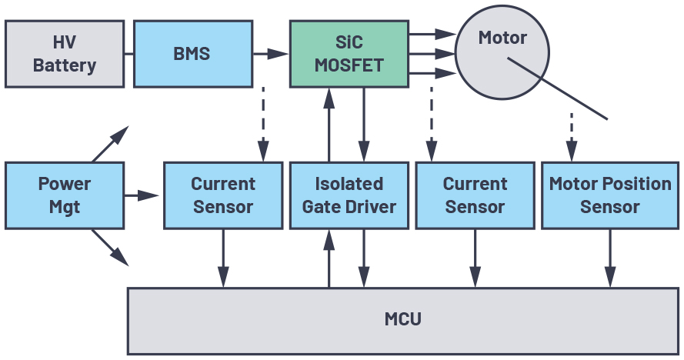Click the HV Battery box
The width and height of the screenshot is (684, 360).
pos(65,54)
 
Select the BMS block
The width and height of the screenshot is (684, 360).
pos(192,54)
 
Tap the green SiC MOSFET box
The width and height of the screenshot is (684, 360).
pos(349,54)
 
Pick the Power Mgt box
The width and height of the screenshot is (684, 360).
pos(65,195)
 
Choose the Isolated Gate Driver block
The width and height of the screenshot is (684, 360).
pos(349,195)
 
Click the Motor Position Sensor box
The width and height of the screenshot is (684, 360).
pos(610,195)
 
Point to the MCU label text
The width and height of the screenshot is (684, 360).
pos(403,318)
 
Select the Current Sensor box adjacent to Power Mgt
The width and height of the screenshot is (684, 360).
pos(223,195)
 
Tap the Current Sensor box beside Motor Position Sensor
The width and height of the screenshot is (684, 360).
pos(475,195)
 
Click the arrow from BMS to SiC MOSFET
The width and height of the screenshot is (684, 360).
pos(270,54)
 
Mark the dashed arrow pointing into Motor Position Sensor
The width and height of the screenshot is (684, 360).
pos(572,134)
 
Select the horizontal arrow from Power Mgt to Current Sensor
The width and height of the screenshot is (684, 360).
pos(142,195)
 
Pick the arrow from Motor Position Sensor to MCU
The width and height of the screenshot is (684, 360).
pos(610,258)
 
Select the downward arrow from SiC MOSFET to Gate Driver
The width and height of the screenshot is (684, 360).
pos(365,123)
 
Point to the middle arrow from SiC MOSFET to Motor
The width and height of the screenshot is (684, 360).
pos(431,54)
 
